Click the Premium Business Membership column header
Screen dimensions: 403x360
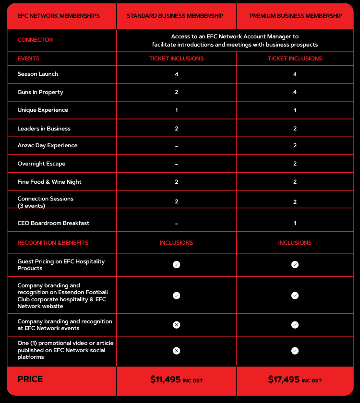coord(296,16)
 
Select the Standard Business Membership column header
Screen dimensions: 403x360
coord(175,16)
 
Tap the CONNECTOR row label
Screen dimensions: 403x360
coord(35,40)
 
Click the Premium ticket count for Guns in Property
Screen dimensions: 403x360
coord(295,92)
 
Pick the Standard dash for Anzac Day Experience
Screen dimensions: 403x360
coord(177,146)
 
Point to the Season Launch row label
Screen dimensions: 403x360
coord(37,74)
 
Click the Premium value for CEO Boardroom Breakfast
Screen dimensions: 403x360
coord(295,223)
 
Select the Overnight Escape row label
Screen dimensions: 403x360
coord(41,164)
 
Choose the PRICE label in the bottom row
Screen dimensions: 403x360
coord(30,379)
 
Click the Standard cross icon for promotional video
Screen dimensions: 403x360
coord(177,351)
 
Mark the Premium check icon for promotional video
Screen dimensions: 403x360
coord(295,351)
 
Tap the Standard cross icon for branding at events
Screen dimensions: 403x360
coord(177,325)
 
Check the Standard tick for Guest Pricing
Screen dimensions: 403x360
coord(177,265)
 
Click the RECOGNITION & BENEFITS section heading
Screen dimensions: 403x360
coord(53,243)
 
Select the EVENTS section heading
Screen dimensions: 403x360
coord(28,59)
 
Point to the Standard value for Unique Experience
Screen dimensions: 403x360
coord(177,110)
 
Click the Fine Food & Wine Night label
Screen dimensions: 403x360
coord(49,182)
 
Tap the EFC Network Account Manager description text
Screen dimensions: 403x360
coord(235,40)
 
